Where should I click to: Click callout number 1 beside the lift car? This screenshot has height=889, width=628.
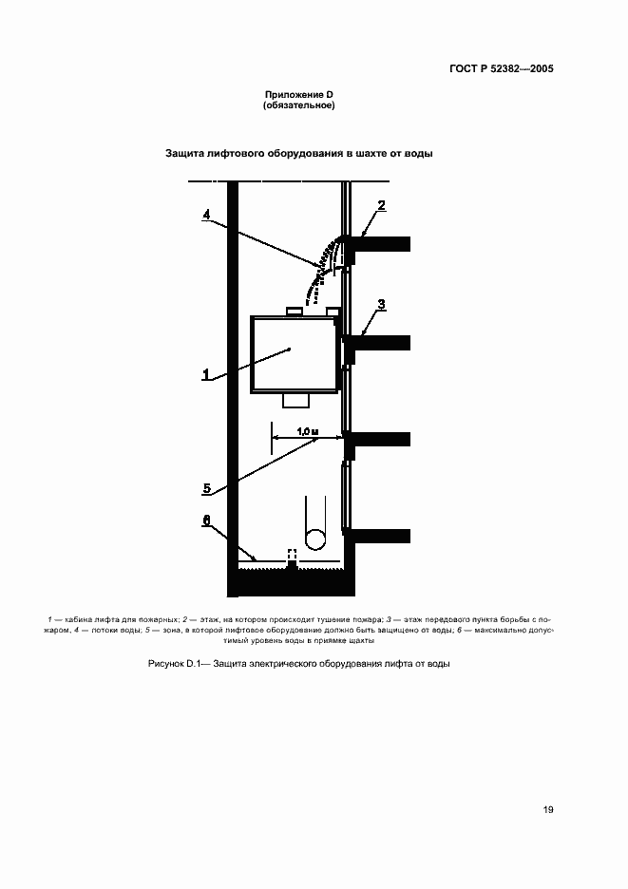click(205, 375)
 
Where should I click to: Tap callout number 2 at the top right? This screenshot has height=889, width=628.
click(382, 205)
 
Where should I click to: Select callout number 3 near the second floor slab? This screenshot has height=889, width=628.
click(382, 305)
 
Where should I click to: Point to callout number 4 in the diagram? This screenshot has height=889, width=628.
click(206, 215)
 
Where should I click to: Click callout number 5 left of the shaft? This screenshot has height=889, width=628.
click(206, 489)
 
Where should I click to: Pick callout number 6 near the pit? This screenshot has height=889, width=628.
click(206, 520)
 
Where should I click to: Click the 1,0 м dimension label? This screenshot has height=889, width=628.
click(305, 432)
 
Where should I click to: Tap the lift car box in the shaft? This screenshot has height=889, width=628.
click(294, 353)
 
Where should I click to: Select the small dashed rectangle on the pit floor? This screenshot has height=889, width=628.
click(293, 555)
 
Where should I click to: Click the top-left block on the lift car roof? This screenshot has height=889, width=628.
click(294, 311)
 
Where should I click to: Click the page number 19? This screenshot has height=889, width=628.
click(548, 810)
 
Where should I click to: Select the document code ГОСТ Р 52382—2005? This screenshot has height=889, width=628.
click(502, 69)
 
